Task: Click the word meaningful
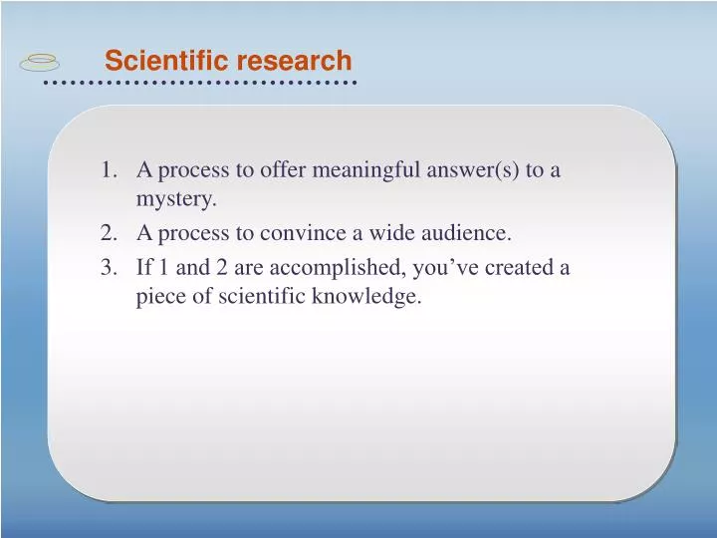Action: coord(367,170)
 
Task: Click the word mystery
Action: coord(176,200)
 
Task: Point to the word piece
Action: coord(160,297)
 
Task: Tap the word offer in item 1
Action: coord(284,170)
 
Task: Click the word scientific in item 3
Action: coord(261,297)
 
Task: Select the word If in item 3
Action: coord(142,267)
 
